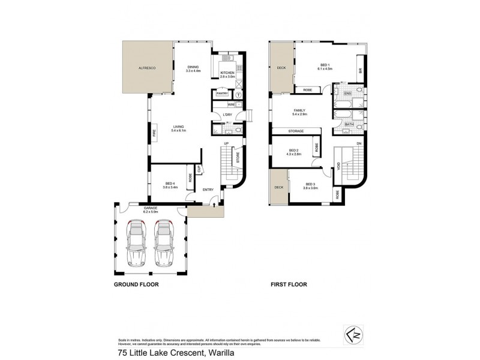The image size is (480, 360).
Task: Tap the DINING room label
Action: [x=193, y=67]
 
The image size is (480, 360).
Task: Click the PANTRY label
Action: [x=223, y=94]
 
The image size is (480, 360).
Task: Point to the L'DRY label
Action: [x=227, y=115]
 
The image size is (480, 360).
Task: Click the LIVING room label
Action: [x=179, y=127]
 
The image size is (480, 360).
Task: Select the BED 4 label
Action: [x=170, y=183]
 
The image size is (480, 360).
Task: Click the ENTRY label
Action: [x=208, y=190]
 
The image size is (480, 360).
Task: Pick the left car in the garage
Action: [x=137, y=242]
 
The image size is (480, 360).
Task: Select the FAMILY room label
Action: [x=300, y=110]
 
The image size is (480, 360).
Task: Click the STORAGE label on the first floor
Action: [x=295, y=131]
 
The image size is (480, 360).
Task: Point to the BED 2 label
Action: [x=293, y=151]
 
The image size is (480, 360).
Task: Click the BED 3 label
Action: [x=310, y=184]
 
